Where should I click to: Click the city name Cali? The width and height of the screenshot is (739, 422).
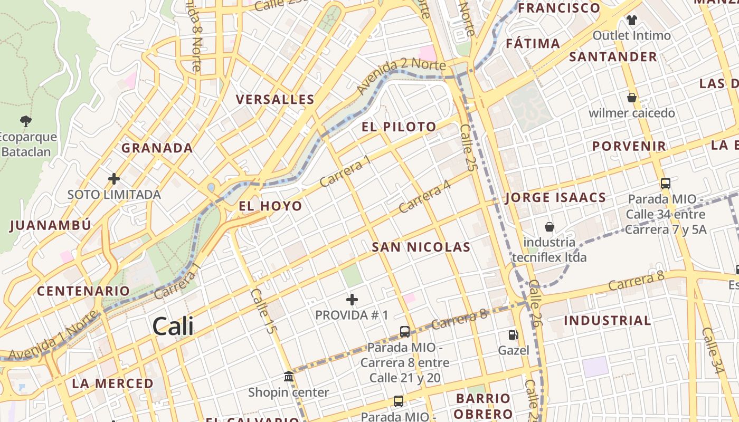173,327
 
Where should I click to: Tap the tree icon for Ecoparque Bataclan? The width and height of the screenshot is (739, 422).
25,122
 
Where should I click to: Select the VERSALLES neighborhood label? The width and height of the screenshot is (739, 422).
275,99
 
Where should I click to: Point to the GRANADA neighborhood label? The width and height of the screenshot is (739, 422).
157,148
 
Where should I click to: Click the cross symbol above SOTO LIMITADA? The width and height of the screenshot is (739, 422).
114,179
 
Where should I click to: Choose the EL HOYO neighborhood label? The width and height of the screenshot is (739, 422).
270,206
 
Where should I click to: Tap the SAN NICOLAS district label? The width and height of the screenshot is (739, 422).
421,247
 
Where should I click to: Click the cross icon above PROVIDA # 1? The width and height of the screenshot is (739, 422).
352,300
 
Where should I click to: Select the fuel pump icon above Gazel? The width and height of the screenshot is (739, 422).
513,335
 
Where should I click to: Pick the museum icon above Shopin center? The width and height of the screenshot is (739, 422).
289,377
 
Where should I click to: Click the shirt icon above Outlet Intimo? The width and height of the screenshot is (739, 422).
631,20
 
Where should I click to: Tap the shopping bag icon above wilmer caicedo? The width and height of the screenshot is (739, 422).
631,98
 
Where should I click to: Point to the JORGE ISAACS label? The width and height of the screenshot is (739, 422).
555,198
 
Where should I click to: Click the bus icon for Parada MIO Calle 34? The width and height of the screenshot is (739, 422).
666,184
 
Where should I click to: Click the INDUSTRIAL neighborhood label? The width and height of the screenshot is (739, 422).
607,320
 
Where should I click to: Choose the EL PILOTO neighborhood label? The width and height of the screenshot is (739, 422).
399,127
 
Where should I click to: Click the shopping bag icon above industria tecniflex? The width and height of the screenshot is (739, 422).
549,227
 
